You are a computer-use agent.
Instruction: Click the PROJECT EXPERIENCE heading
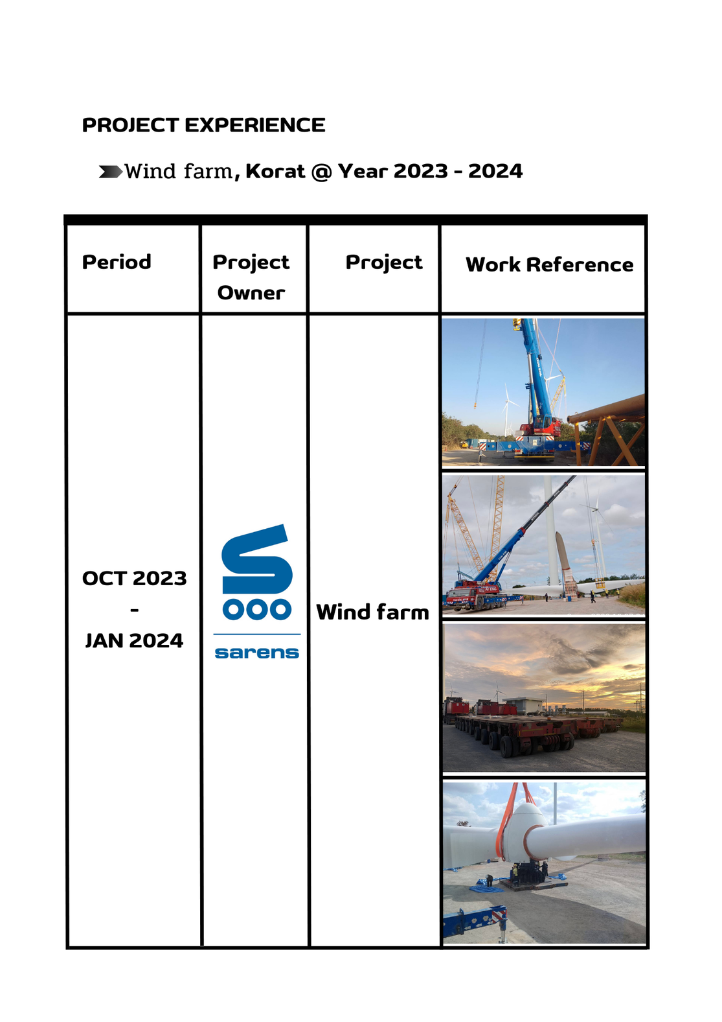[203, 125]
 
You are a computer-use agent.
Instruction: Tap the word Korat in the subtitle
[275, 172]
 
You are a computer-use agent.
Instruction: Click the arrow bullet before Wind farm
[110, 172]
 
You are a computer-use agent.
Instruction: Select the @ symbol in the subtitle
[321, 172]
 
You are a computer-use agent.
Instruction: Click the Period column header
[116, 262]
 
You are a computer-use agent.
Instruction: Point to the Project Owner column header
[251, 277]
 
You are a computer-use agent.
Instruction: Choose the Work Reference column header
[549, 264]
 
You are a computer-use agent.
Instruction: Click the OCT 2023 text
[135, 579]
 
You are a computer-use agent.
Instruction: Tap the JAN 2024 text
[135, 641]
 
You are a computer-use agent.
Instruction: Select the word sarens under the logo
[256, 653]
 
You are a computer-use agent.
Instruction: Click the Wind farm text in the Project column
[372, 612]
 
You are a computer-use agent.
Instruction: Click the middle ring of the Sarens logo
[256, 609]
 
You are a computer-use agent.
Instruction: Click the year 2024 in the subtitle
[495, 172]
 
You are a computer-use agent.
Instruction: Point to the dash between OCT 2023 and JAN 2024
[135, 610]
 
